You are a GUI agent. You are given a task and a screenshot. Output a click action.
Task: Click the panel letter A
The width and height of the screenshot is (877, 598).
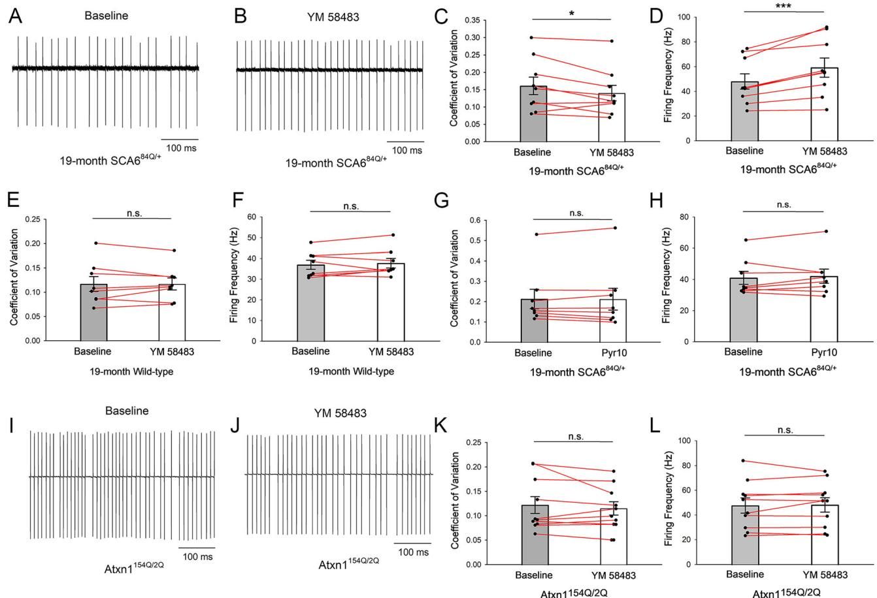[15, 17]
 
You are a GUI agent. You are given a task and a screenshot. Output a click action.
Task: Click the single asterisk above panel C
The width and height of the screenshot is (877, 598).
[571, 13]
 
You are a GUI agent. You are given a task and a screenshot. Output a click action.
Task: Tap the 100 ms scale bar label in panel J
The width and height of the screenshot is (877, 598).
[413, 552]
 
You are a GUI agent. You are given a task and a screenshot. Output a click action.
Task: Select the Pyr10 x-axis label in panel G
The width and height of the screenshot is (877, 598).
[612, 353]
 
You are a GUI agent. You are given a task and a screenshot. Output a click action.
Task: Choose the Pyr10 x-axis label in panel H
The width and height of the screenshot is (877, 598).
[824, 352]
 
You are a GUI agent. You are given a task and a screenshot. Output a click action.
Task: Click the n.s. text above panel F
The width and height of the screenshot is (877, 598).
[351, 206]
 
